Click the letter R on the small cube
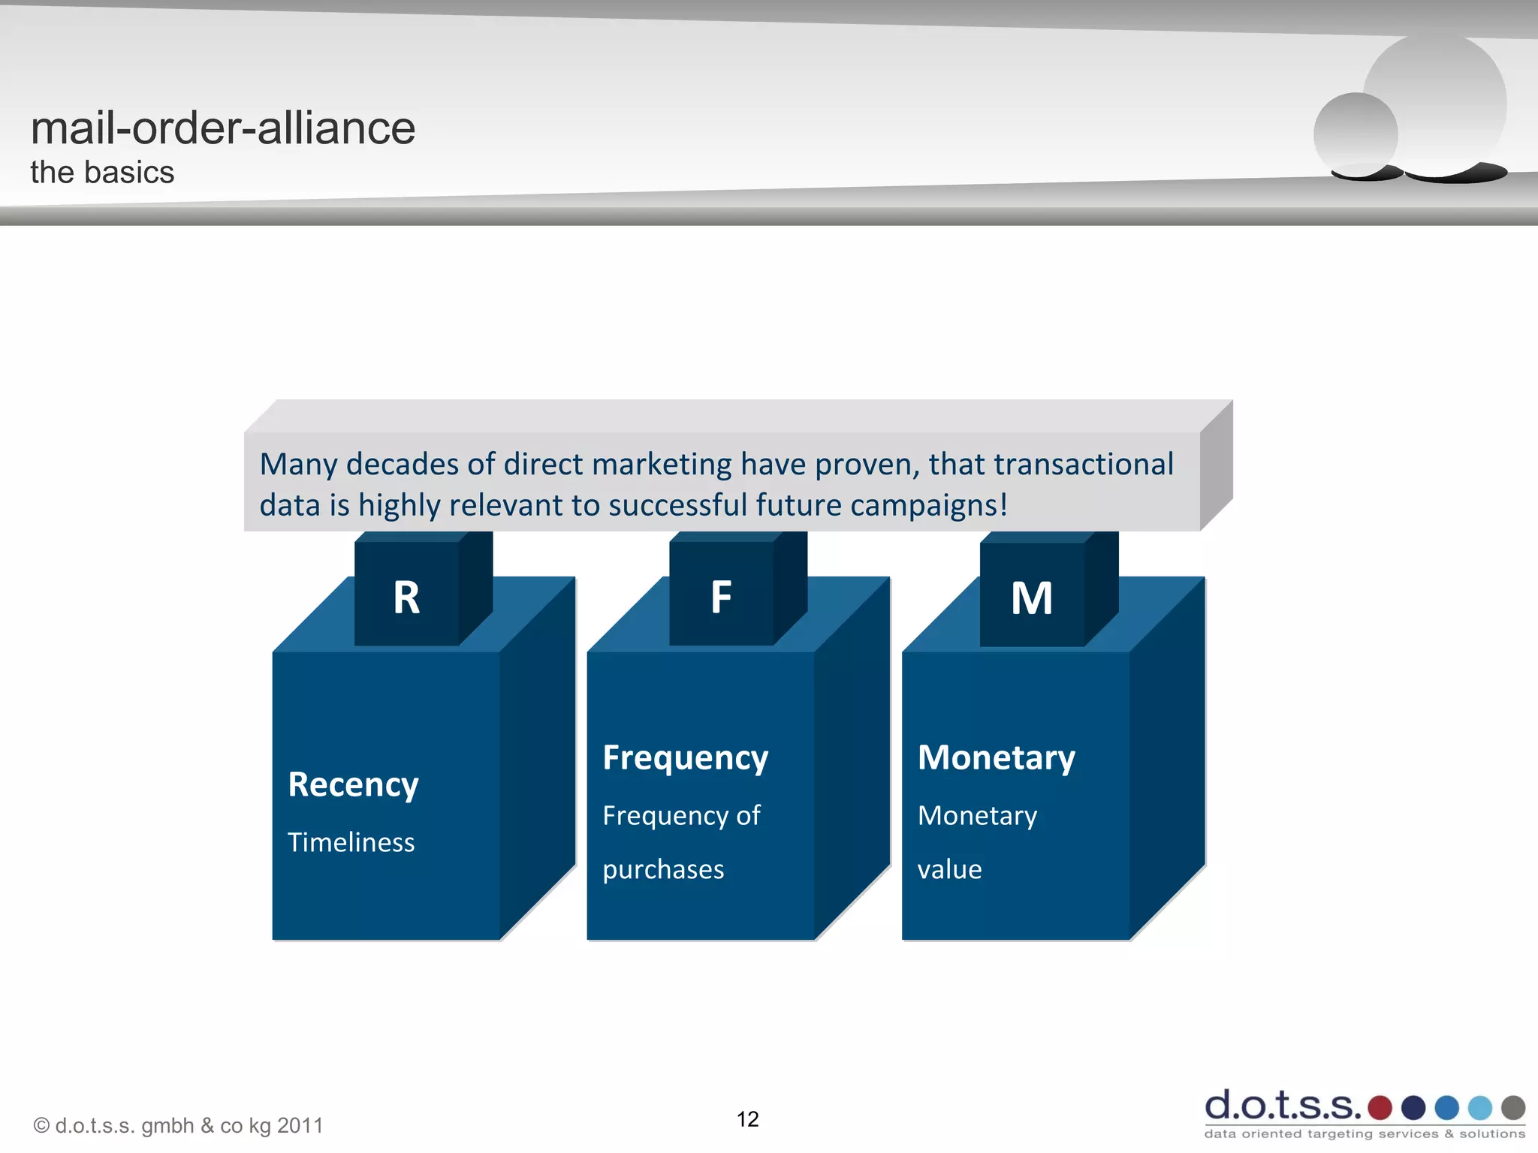click(406, 598)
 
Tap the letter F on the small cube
click(721, 598)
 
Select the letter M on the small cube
click(1032, 598)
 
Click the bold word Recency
click(353, 785)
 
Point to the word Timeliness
click(351, 842)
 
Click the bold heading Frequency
click(685, 758)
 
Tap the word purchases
click(663, 869)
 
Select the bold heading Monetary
click(996, 758)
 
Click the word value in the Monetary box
click(949, 869)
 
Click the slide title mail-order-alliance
click(222, 128)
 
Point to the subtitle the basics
click(102, 173)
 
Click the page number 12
click(747, 1119)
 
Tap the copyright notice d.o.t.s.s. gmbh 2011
click(179, 1126)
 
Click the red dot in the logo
click(1380, 1107)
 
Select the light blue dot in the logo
click(1479, 1107)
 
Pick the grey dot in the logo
click(1512, 1107)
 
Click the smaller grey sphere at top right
click(1355, 134)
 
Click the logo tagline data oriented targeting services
click(1364, 1133)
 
